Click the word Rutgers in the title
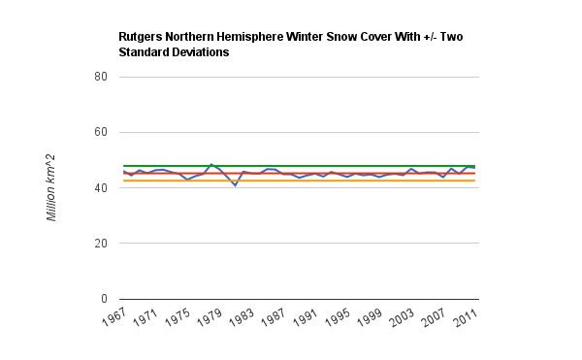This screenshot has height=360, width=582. [x=141, y=37]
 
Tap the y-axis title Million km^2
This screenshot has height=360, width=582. [x=50, y=188]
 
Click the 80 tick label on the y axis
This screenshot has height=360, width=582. [x=101, y=77]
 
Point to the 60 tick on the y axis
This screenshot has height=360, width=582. [x=101, y=132]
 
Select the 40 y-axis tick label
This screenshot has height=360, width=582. [x=101, y=188]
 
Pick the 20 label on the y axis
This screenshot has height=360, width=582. [x=101, y=244]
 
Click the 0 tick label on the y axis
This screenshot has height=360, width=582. [x=104, y=299]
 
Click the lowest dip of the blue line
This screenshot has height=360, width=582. [x=236, y=185]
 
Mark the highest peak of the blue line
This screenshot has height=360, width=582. [x=211, y=164]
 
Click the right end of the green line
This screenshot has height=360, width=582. [x=474, y=166]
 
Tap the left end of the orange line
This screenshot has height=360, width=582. [x=123, y=180]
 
